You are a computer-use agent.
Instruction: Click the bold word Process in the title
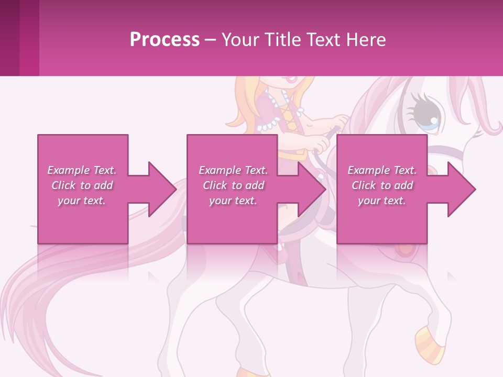tap(165, 40)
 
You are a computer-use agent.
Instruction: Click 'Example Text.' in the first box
tap(82, 170)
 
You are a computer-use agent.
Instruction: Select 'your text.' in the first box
tap(82, 201)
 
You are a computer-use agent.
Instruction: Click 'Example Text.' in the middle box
tap(233, 170)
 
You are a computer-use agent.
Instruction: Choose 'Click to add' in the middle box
tap(233, 185)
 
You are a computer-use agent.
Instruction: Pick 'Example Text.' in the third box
tap(382, 170)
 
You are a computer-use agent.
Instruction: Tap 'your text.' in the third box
tap(382, 201)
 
